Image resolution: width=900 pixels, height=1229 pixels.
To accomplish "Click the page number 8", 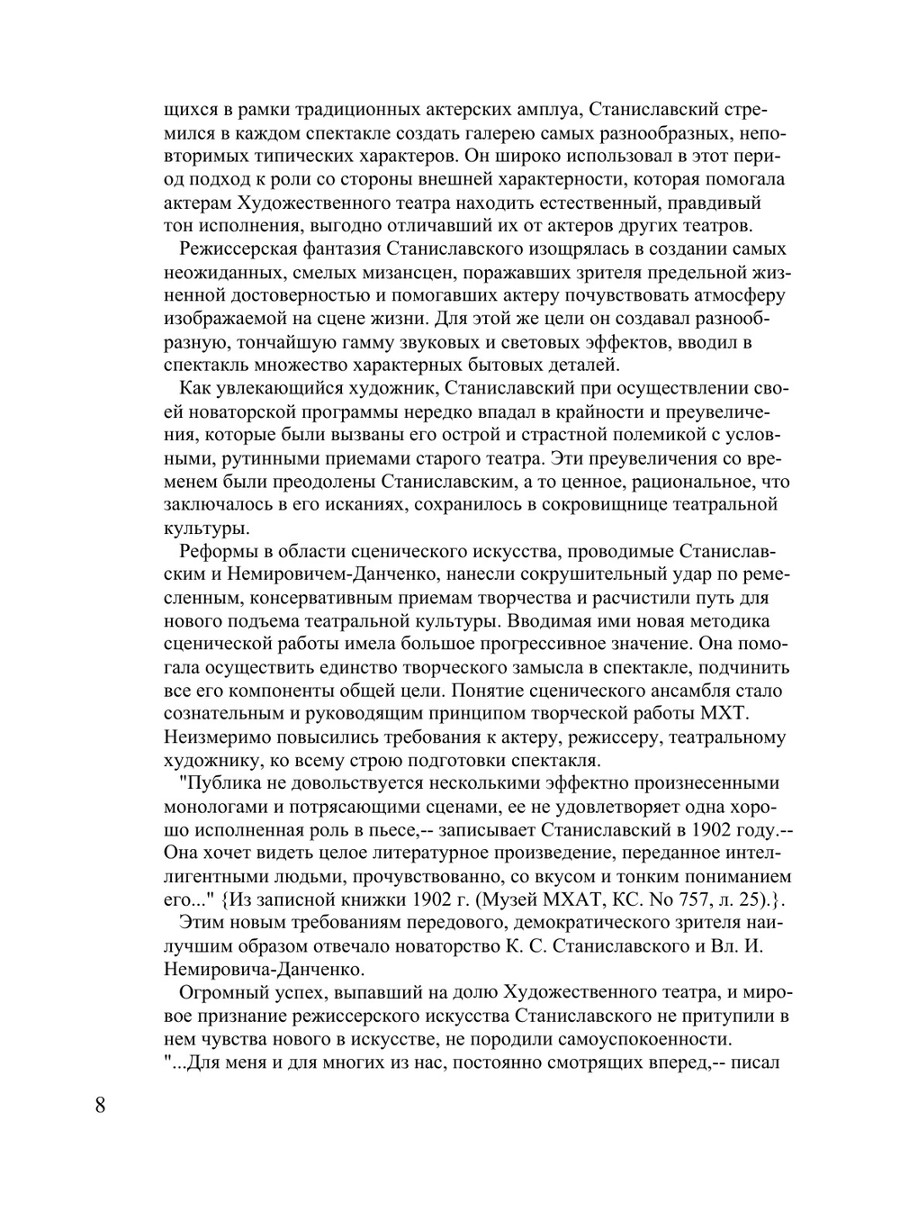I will click(x=99, y=1106).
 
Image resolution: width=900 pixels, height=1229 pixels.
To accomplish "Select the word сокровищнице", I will click(x=590, y=505).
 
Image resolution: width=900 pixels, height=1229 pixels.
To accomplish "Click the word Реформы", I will click(x=212, y=552).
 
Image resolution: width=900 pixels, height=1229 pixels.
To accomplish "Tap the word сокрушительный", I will click(x=593, y=574).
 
